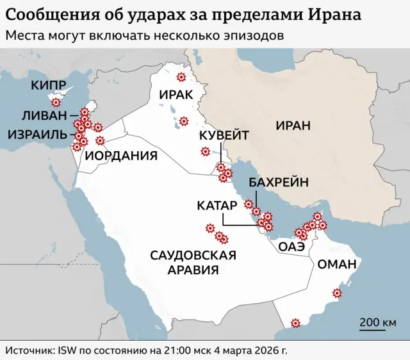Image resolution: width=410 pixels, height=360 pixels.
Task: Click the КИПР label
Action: pyautogui.click(x=48, y=86)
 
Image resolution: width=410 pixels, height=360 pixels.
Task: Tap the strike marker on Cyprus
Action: pyautogui.click(x=56, y=102)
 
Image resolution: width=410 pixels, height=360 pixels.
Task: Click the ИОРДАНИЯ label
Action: pyautogui.click(x=122, y=156)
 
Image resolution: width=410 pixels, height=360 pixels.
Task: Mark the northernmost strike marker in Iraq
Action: pyautogui.click(x=181, y=78)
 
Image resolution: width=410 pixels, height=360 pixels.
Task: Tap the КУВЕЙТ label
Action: pyautogui.click(x=223, y=135)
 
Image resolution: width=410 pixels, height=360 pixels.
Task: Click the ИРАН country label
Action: pyautogui.click(x=293, y=126)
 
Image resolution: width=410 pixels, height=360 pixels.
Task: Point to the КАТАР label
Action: pyautogui.click(x=217, y=206)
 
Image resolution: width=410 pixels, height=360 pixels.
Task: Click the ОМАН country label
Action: pyautogui.click(x=337, y=264)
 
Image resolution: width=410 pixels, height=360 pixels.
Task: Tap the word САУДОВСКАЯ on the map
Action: pyautogui.click(x=193, y=255)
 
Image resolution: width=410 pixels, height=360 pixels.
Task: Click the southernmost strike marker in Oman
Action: pyautogui.click(x=295, y=323)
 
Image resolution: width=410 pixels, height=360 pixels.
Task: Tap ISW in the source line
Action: pyautogui.click(x=68, y=350)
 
